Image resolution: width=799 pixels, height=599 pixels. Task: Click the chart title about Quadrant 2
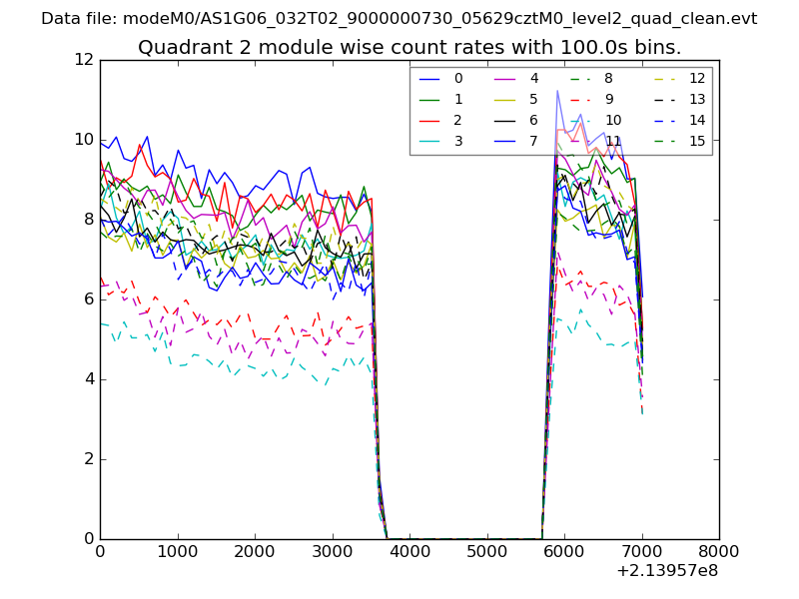click(x=409, y=47)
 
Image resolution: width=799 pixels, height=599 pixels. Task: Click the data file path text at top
click(x=399, y=19)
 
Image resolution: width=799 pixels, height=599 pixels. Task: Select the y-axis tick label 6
click(x=88, y=299)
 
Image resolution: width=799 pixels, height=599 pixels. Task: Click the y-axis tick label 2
click(x=88, y=459)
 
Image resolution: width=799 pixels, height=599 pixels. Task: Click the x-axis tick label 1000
click(x=177, y=550)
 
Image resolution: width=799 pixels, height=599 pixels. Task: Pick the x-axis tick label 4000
click(x=409, y=550)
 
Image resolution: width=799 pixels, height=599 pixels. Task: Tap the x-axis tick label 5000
click(x=486, y=550)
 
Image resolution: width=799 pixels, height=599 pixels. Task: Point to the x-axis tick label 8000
click(x=719, y=550)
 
